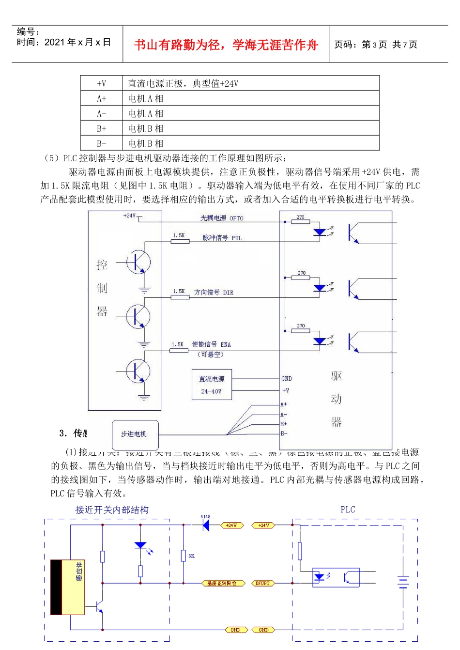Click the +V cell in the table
click(101, 84)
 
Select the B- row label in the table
click(101, 143)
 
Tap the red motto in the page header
click(226, 45)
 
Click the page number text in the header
click(375, 45)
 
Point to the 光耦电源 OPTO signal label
click(222, 218)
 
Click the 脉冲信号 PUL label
click(222, 238)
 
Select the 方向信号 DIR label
click(214, 293)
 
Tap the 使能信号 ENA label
click(211, 344)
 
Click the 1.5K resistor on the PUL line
click(180, 241)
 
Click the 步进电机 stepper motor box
click(134, 434)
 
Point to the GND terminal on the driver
click(287, 379)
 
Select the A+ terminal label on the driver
click(284, 404)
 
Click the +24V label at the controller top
click(129, 216)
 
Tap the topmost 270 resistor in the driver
click(301, 222)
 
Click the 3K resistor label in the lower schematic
click(191, 556)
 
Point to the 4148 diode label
click(205, 517)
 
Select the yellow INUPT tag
click(262, 584)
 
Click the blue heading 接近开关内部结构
click(112, 510)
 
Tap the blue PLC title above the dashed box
click(348, 510)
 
